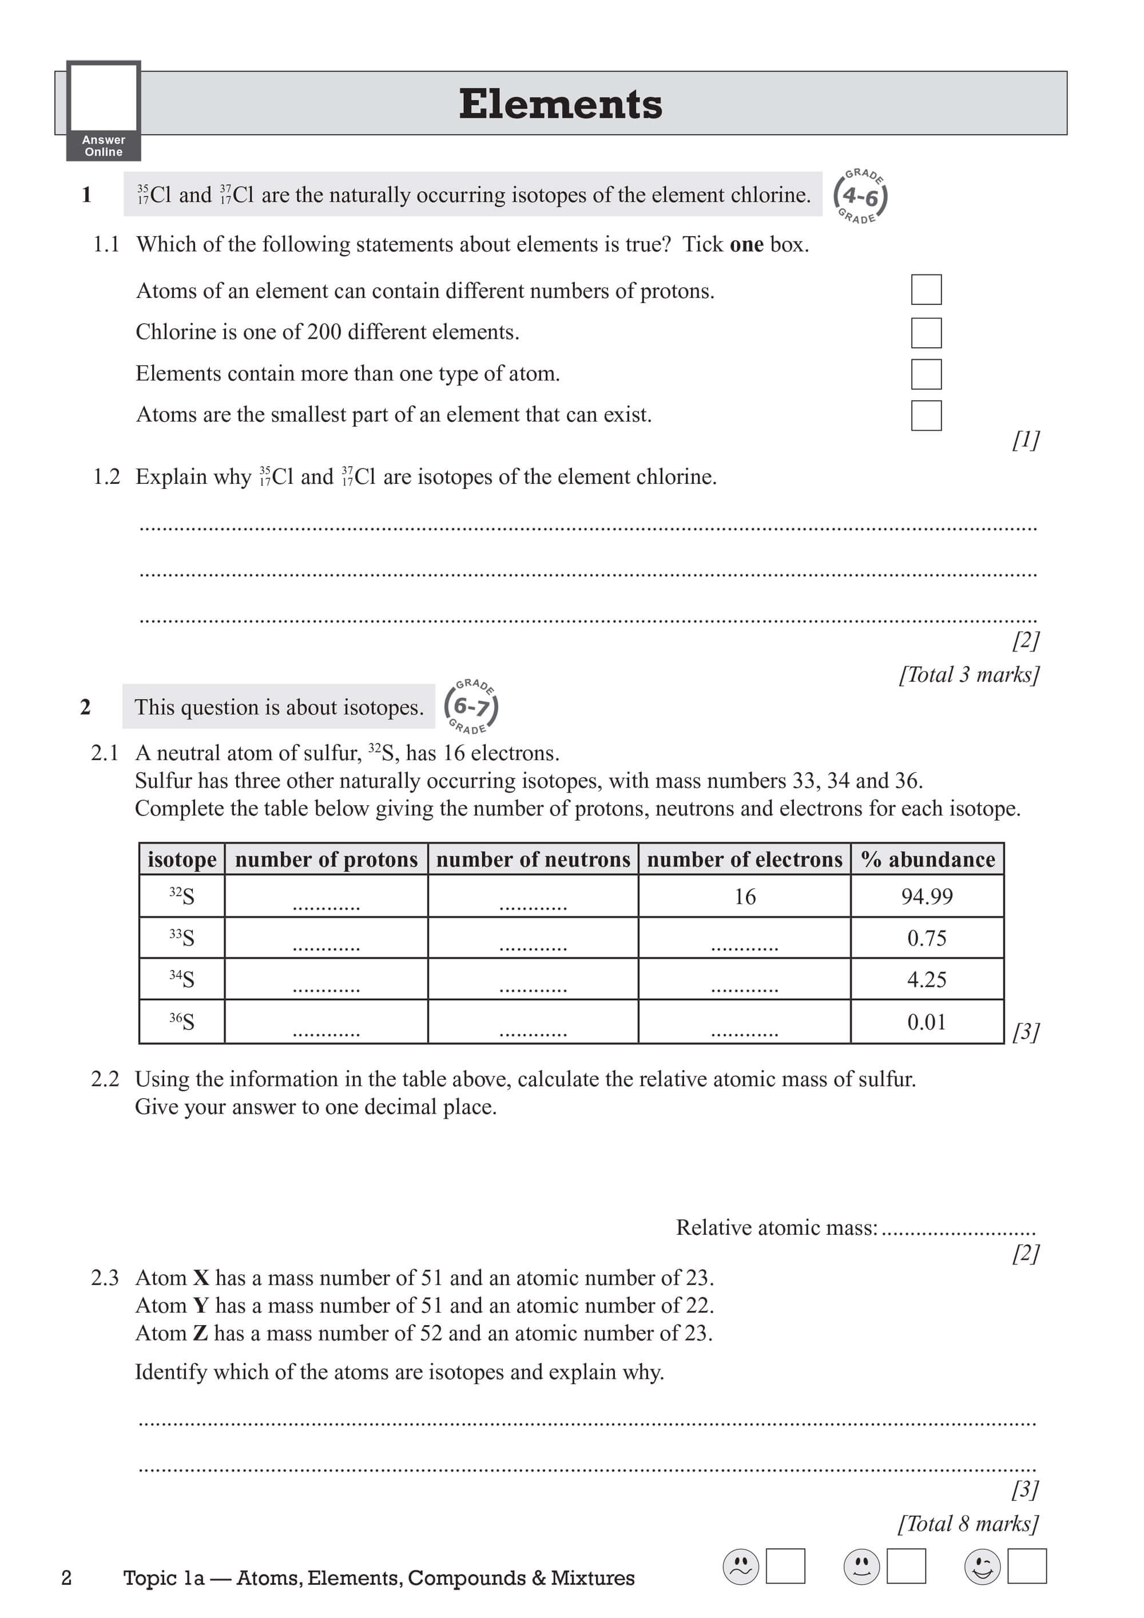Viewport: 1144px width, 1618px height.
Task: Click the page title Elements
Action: [561, 104]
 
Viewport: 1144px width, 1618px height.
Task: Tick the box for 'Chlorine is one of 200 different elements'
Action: [925, 333]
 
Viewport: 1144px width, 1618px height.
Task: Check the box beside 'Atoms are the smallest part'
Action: [925, 415]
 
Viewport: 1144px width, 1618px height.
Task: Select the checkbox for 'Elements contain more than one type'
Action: [925, 374]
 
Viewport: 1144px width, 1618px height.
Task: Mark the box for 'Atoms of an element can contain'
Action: [925, 289]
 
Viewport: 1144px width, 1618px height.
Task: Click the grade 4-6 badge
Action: [860, 197]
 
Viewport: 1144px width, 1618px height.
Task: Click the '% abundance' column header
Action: [927, 859]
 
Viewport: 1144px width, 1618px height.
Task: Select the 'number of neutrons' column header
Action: [533, 859]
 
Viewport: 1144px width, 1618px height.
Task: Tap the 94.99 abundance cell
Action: [927, 896]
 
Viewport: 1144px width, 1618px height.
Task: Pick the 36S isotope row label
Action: [182, 1021]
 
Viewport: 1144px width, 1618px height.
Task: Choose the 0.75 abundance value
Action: [927, 938]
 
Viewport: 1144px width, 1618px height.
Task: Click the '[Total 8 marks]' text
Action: [968, 1523]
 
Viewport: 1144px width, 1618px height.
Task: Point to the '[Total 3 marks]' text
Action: [968, 674]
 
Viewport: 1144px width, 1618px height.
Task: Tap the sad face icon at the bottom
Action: [741, 1566]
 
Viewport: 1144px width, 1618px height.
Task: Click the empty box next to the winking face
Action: [1026, 1566]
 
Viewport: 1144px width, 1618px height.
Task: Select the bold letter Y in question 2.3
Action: [201, 1306]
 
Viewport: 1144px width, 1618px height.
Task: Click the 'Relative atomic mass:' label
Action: [777, 1227]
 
